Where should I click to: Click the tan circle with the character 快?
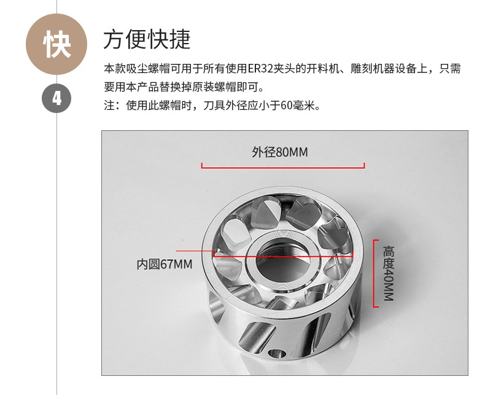point(56,44)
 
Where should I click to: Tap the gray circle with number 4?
point(56,98)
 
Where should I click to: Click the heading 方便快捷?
point(147,39)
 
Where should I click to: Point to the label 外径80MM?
point(279,152)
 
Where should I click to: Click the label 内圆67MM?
point(165,264)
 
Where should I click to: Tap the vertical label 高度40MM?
point(389,273)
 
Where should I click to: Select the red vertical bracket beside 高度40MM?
point(374,273)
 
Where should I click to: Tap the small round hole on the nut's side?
point(277,354)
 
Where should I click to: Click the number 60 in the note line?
point(287,106)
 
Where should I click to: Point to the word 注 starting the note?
point(109,106)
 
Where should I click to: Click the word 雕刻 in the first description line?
point(361,69)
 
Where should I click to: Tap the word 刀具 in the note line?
point(214,106)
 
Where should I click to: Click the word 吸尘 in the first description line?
point(137,69)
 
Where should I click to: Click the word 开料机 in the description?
point(322,69)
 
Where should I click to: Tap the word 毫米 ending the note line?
point(303,106)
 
